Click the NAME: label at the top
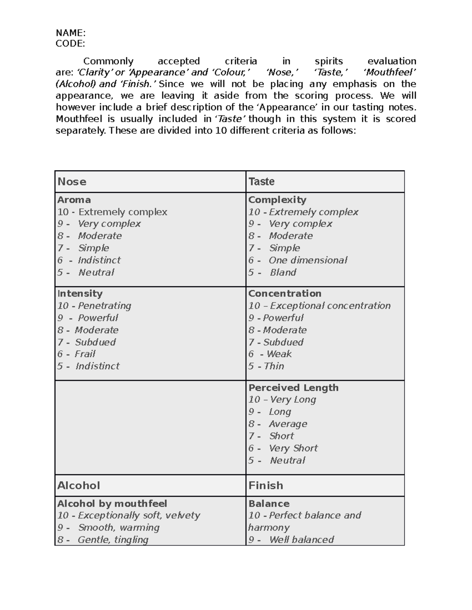coord(70,33)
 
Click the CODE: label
coord(70,43)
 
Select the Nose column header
coord(72,181)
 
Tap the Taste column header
coord(261,181)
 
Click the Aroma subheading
coord(74,200)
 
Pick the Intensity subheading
coord(80,293)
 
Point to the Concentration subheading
coord(284,293)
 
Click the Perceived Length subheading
coord(293,388)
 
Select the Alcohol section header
coord(79,485)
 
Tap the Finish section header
coord(265,485)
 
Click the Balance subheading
coord(269,504)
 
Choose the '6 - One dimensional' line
coord(297,260)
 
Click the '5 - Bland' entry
coord(272,272)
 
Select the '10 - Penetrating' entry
coord(94,306)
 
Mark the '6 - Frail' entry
coord(76,354)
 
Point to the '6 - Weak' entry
coord(270,354)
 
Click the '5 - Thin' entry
coord(266,366)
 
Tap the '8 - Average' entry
coord(278,424)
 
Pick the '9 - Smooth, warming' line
coord(108,528)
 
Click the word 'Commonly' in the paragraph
coord(108,61)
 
